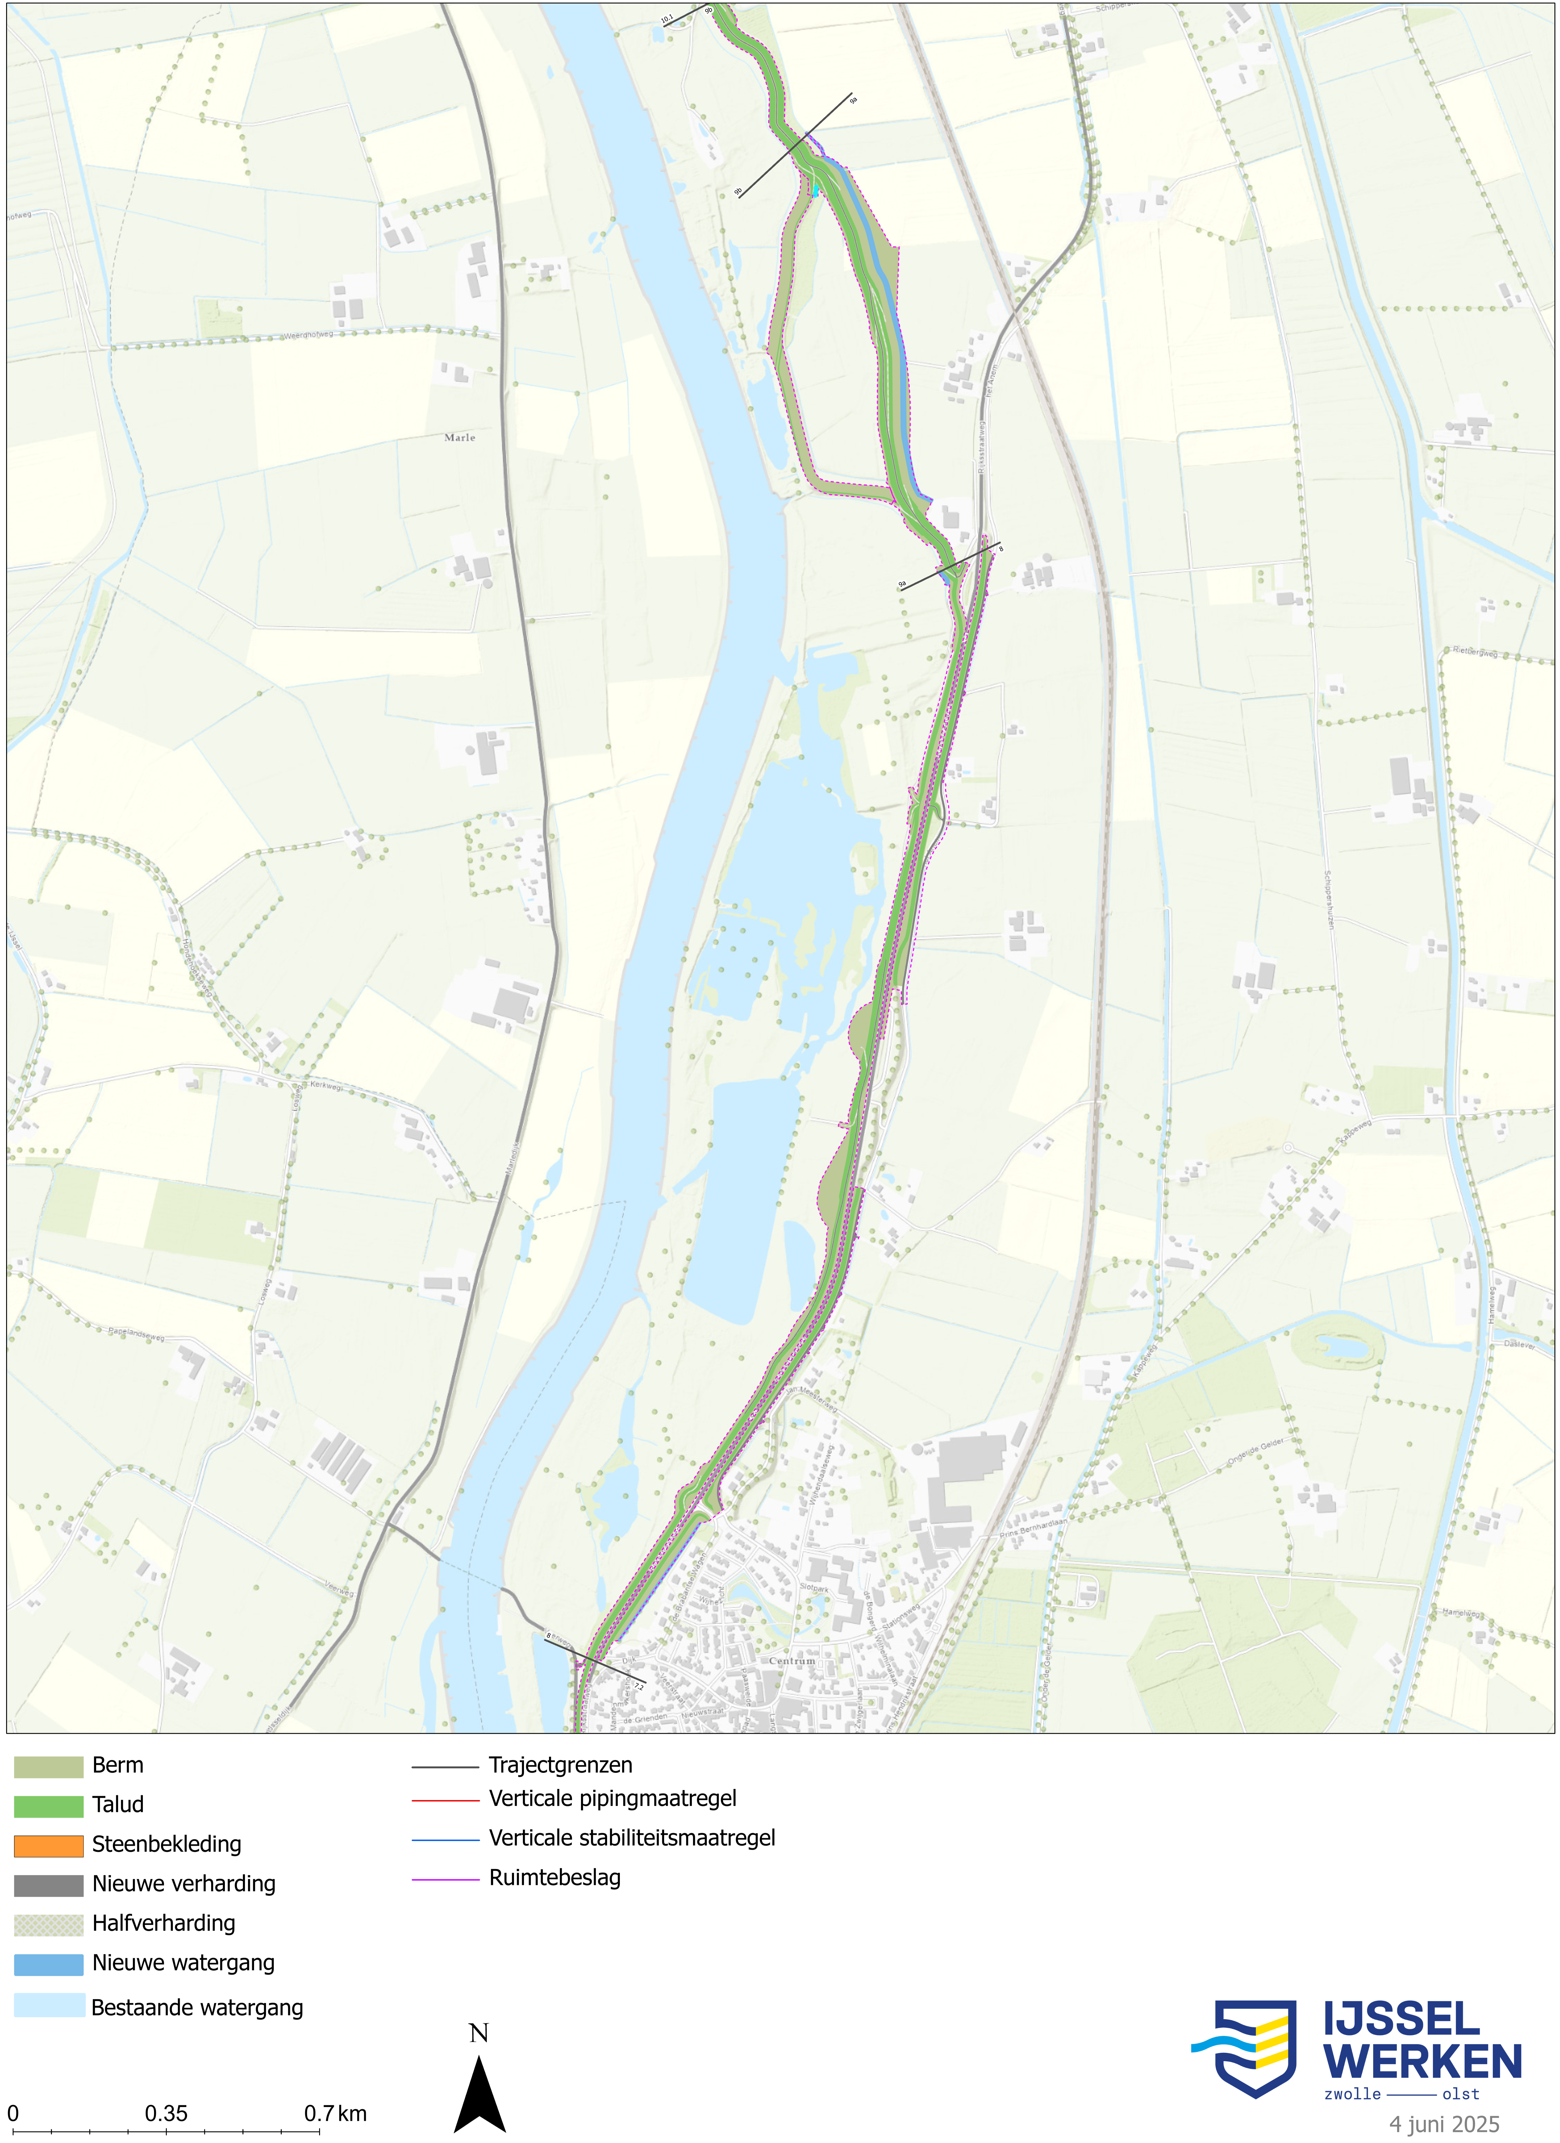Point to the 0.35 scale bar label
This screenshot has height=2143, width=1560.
pos(166,2114)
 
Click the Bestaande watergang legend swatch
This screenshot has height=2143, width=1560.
pos(48,2005)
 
